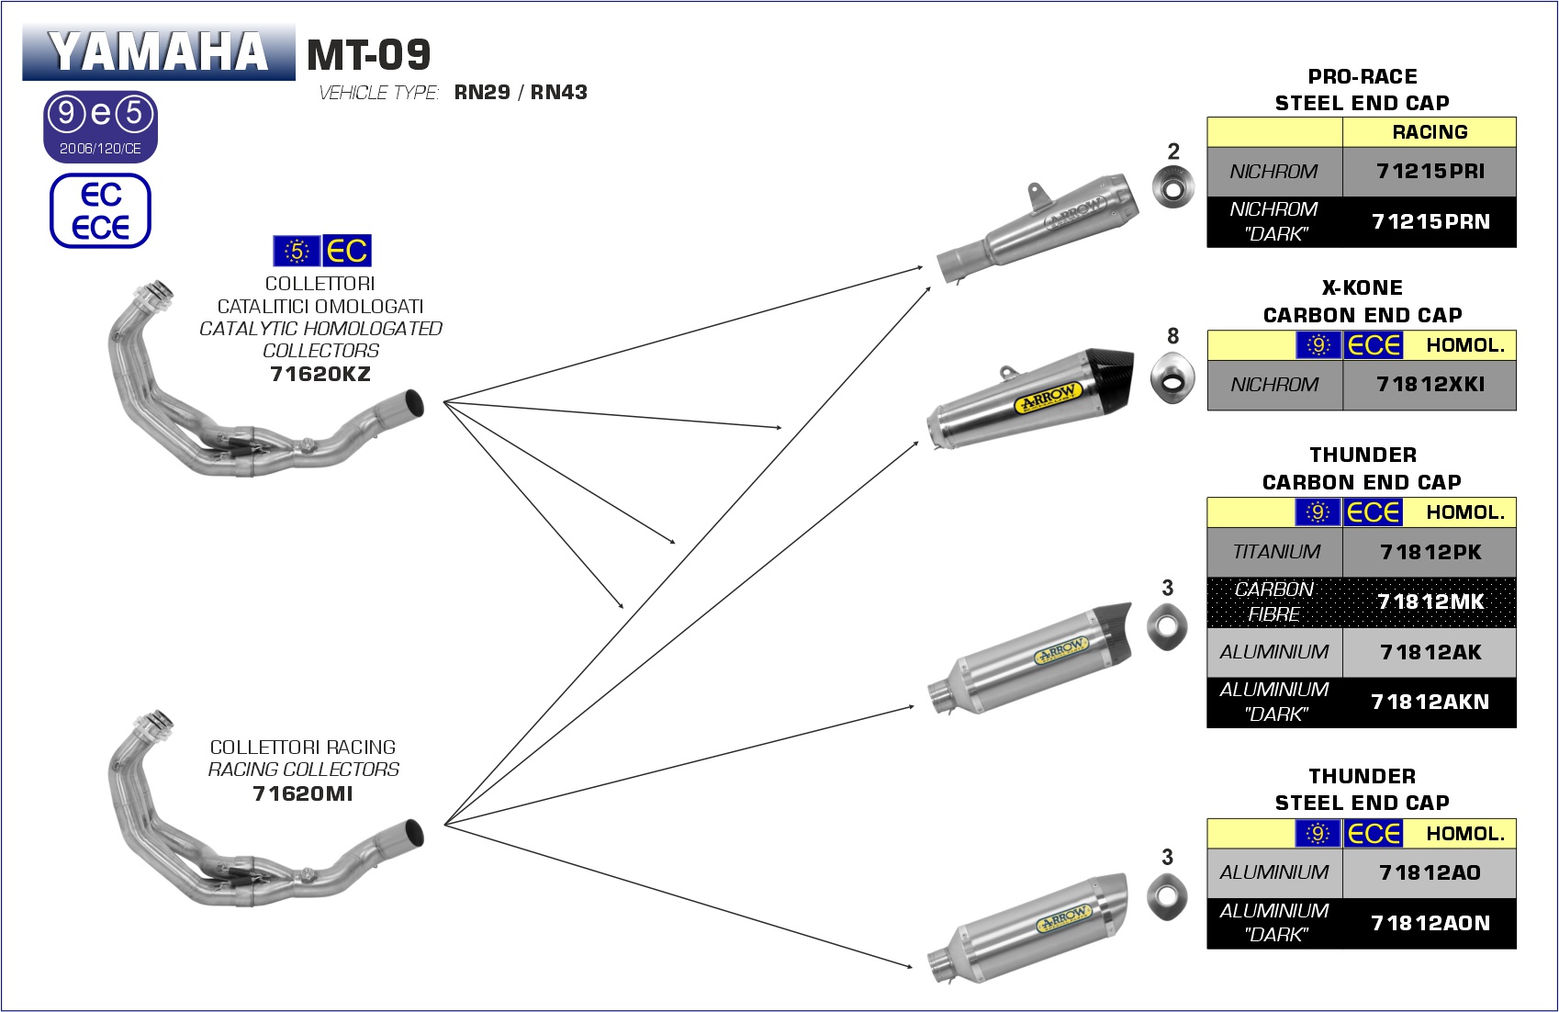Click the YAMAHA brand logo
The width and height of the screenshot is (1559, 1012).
(x=158, y=52)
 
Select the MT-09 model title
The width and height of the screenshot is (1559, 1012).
(x=368, y=55)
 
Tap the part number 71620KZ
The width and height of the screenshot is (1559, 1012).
(x=320, y=374)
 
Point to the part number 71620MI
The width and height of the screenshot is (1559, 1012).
(x=302, y=793)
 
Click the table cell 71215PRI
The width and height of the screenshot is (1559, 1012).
(x=1430, y=172)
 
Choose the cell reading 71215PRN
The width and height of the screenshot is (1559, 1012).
(x=1430, y=221)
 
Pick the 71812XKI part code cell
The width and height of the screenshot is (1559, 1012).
(x=1430, y=385)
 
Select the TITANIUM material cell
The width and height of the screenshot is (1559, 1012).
(x=1275, y=552)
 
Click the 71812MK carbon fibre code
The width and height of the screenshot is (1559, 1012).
(x=1430, y=602)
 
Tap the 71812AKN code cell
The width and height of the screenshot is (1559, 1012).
(x=1430, y=703)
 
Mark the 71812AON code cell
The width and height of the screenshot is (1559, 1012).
(x=1430, y=923)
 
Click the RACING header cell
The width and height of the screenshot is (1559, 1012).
(x=1430, y=132)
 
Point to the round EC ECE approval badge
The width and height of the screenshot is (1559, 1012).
(x=100, y=211)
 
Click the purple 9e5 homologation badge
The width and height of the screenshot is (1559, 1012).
(x=100, y=126)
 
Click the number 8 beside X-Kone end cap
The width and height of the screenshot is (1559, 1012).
(x=1172, y=336)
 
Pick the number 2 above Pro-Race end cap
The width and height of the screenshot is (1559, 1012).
(x=1173, y=152)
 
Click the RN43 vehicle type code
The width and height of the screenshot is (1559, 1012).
(x=558, y=93)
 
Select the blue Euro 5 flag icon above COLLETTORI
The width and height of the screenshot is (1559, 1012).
(x=297, y=251)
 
